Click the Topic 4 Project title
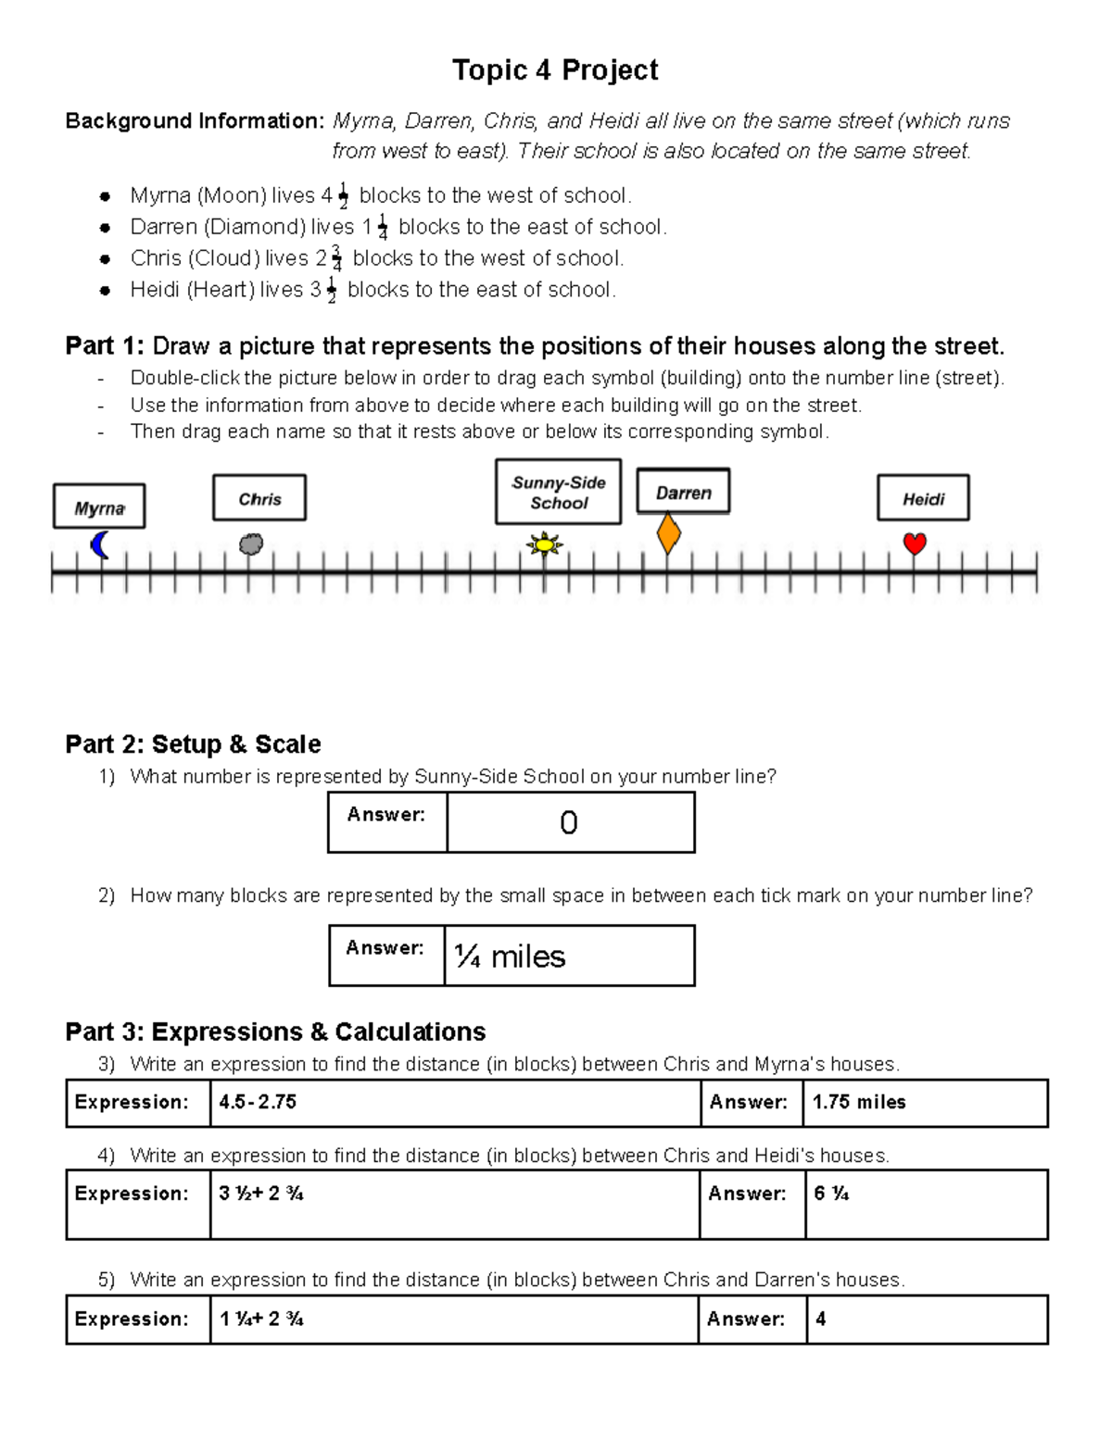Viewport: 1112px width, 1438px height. point(555,70)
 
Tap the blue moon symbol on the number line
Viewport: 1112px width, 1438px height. point(100,544)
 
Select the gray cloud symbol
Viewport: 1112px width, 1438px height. point(250,544)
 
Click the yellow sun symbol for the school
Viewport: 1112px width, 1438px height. point(545,544)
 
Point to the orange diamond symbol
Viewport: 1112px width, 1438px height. point(668,534)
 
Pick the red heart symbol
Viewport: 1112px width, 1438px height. point(915,544)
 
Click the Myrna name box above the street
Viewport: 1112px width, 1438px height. point(99,506)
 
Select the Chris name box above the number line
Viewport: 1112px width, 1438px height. point(259,499)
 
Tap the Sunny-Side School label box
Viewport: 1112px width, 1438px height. point(558,493)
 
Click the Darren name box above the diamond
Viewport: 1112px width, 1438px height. point(683,492)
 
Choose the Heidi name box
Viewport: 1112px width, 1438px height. point(923,499)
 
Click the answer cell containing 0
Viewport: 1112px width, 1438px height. point(569,822)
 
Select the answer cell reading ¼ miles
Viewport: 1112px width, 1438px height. point(568,956)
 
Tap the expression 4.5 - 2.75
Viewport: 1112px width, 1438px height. point(258,1102)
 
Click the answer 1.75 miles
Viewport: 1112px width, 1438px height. point(859,1102)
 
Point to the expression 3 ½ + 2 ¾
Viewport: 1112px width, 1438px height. point(261,1194)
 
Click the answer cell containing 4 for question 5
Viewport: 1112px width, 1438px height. point(821,1319)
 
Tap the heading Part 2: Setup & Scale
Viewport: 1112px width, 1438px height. point(193,744)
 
